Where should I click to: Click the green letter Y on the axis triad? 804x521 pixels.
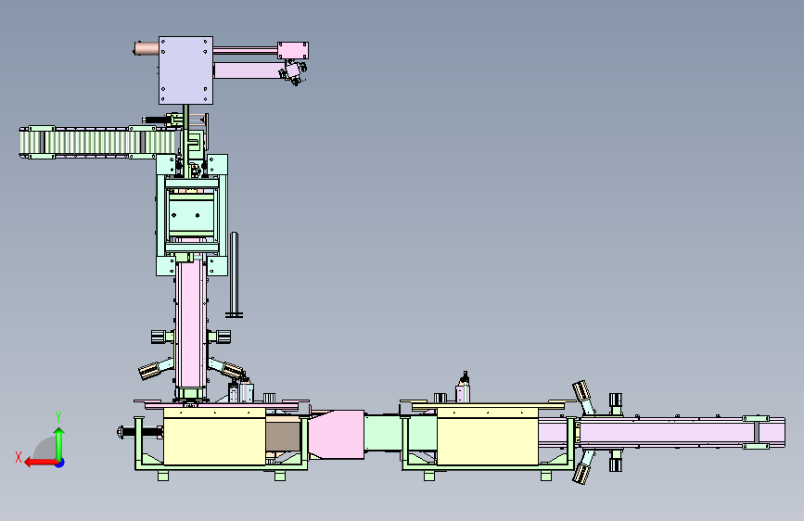[58, 417]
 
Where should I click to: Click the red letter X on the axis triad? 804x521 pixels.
[19, 457]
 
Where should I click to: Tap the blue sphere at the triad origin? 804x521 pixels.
[60, 463]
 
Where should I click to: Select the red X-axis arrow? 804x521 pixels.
[41, 463]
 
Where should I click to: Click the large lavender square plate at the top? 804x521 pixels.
[185, 70]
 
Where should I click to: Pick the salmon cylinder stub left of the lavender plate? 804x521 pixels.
[147, 48]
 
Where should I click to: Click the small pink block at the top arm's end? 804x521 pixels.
[293, 50]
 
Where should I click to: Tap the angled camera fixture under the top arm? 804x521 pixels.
[293, 71]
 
